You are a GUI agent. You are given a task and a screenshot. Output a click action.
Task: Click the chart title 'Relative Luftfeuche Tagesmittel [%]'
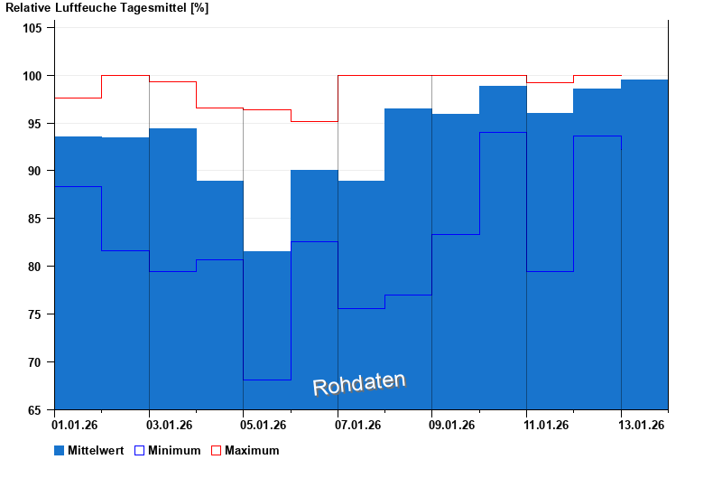click(x=107, y=8)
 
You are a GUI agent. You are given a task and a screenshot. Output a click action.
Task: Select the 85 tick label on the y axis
click(x=35, y=219)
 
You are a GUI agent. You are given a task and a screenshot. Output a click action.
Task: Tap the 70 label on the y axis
click(x=35, y=362)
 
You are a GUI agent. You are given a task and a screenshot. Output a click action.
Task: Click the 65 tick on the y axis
click(x=35, y=410)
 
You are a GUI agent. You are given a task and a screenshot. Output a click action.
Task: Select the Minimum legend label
click(x=174, y=450)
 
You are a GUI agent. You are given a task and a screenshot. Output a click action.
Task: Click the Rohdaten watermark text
click(x=359, y=384)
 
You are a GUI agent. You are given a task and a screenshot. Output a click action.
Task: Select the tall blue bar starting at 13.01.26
click(x=644, y=244)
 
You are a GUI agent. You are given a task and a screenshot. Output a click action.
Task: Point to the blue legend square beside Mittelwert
click(x=60, y=450)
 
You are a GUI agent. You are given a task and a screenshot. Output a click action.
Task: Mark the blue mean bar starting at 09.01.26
click(x=455, y=261)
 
